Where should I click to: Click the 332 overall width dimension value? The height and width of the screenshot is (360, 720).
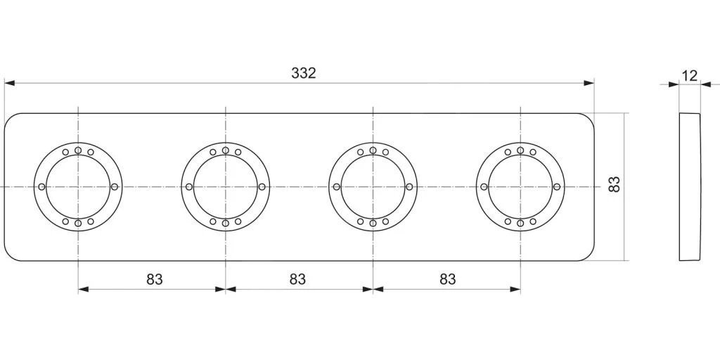304,73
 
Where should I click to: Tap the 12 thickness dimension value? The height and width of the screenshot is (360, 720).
690,75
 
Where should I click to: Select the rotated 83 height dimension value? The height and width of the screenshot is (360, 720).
614,185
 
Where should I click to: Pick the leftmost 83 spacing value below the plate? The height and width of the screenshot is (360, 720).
155,279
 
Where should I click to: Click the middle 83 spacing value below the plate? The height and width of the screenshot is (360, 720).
297,279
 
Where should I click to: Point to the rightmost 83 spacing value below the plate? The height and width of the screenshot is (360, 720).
447,279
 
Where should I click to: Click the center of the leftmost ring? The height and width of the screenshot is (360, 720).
78,187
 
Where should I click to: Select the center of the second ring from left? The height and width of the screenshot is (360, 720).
226,187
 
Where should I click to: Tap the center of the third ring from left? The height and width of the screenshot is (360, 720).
373,187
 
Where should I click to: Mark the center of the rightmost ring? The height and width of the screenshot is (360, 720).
520,187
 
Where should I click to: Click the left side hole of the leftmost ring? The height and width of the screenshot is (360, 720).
42,187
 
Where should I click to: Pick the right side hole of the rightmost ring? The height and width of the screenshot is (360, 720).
556,187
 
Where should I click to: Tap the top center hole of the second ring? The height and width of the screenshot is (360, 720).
226,150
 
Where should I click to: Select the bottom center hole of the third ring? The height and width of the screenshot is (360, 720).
373,223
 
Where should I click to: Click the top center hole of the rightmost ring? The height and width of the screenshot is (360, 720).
520,150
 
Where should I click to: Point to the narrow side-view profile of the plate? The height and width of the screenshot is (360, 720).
690,187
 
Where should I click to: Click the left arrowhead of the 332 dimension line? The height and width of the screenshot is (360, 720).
9,83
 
